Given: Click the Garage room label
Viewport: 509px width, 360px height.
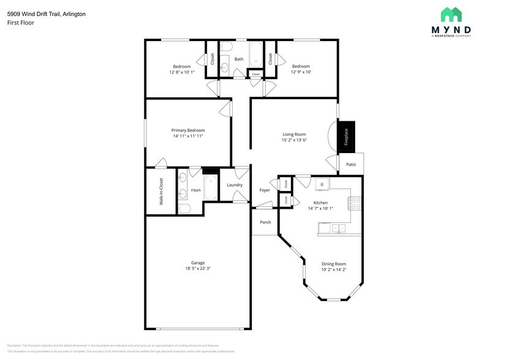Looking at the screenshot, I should point(198,263).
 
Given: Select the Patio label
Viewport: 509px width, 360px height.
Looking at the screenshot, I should point(351,164).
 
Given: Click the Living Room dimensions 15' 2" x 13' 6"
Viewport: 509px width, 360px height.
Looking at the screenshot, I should point(294,140).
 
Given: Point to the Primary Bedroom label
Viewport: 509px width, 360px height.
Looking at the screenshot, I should point(187,130).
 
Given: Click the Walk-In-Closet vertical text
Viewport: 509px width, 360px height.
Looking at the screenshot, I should point(161,191).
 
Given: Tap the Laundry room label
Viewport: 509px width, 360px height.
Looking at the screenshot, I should point(235,184).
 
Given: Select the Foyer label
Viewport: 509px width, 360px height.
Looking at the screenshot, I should point(265,190).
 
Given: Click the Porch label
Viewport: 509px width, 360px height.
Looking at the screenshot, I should point(265,222).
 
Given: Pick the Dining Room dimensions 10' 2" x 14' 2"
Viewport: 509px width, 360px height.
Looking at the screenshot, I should point(334,269).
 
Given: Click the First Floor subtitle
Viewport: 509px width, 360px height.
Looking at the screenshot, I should point(21,23).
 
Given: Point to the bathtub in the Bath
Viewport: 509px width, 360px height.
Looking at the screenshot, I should point(255,50).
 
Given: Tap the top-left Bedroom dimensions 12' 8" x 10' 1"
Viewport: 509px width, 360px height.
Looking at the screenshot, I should point(182,72).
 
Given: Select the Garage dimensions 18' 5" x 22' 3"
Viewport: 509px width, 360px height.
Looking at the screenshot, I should point(198,269).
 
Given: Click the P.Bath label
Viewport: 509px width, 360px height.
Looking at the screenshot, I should point(196,190).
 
